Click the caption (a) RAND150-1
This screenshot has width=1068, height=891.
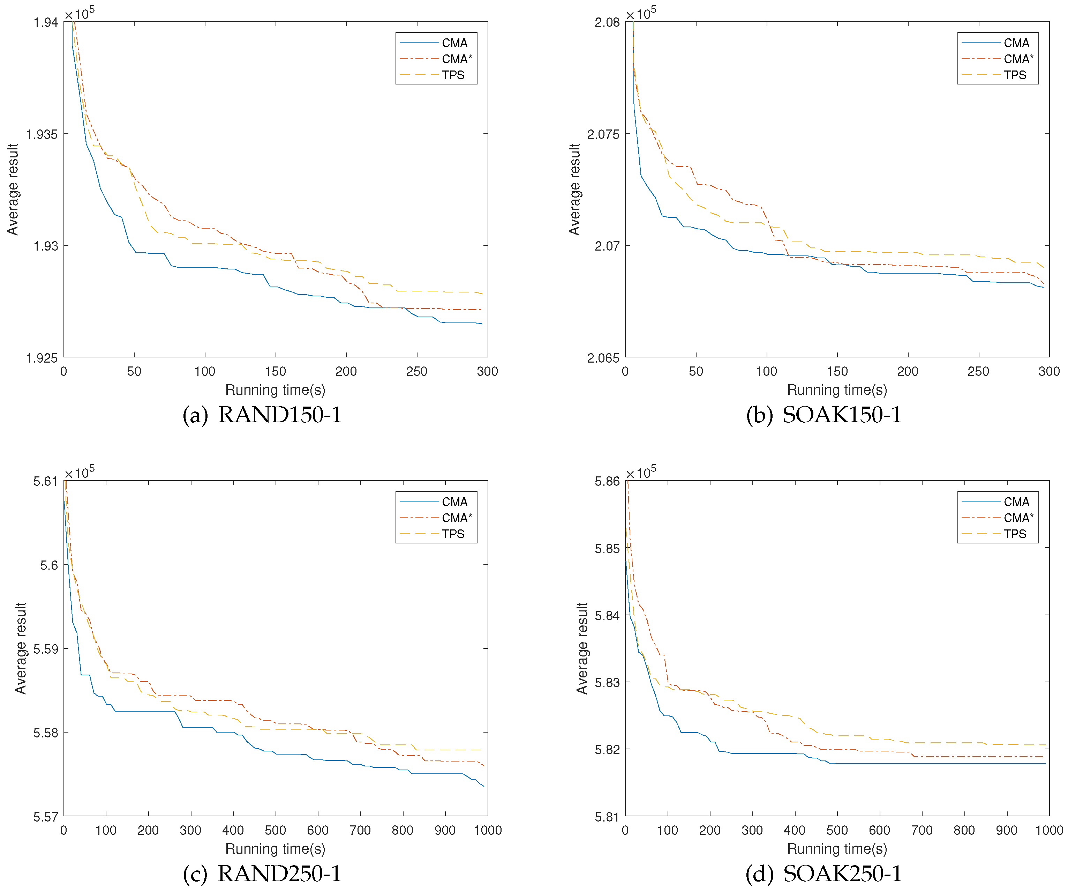point(262,415)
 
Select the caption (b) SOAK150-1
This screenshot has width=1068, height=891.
point(823,415)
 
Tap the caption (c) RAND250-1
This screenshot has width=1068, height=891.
point(262,874)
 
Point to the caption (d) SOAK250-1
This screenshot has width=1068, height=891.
point(823,874)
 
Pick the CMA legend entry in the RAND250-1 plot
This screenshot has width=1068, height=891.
point(454,502)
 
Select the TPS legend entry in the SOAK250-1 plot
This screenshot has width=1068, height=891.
point(1015,534)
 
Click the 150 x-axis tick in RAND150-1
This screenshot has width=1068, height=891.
point(276,371)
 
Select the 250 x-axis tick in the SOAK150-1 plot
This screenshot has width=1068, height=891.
point(978,371)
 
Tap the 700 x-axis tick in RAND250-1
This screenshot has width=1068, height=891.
point(360,830)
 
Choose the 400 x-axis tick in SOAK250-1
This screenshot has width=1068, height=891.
point(795,830)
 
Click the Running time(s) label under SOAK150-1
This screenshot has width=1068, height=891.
point(837,390)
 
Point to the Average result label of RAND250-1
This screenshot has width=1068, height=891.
point(20,648)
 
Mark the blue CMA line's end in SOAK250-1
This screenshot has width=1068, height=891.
point(1045,764)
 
